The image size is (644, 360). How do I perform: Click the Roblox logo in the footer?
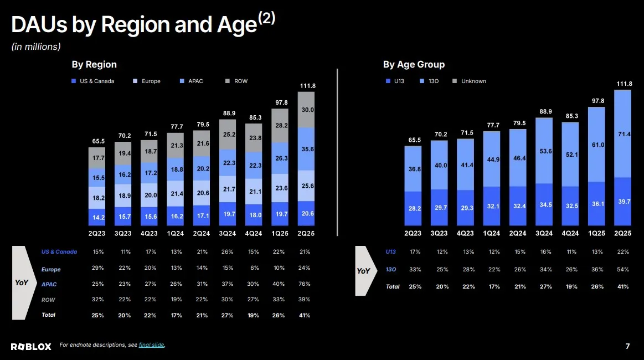[31, 346]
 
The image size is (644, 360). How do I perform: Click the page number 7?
[627, 346]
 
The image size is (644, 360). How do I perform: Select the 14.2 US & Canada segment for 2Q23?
[99, 217]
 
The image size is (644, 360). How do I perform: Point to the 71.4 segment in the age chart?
[624, 135]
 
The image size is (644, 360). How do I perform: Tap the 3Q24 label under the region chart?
[228, 233]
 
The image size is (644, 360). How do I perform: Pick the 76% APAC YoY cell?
[305, 284]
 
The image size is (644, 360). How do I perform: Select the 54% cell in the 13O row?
[623, 270]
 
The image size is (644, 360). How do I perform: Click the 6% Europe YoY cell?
[254, 268]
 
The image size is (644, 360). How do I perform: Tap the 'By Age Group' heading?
[414, 65]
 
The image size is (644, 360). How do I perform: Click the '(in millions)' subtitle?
[36, 47]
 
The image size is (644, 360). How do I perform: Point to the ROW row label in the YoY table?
[49, 300]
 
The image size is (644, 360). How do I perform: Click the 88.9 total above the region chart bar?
[228, 113]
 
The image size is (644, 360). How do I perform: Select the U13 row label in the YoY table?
[390, 251]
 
